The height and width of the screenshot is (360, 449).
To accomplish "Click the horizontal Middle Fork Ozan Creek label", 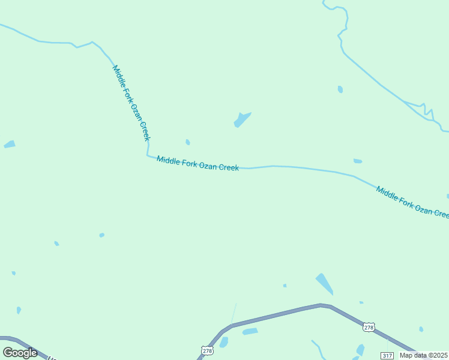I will coord(197,163).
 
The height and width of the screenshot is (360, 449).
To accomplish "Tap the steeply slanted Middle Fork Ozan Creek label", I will coord(131,103).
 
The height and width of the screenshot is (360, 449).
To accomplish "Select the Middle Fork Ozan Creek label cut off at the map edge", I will coord(412,202).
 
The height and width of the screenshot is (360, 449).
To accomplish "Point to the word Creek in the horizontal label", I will coord(229,167).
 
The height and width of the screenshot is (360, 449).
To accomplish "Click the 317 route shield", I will coord(387,356).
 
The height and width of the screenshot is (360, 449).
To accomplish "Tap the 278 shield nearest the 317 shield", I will coord(369,327).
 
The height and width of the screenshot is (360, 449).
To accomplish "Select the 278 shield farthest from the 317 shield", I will coord(207,350).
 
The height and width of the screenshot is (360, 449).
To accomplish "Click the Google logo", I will coord(20,353).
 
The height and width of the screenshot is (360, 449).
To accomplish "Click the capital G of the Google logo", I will coord(8,352).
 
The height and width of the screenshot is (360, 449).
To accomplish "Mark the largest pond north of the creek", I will coord(242,119).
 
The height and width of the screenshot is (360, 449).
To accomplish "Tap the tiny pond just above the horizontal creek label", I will coord(188,142).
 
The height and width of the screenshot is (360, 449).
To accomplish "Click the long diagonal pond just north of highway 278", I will coord(324,283).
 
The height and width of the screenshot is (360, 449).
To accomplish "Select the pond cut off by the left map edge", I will coord(9,145).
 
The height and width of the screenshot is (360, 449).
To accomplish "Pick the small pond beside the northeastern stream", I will coord(340,89).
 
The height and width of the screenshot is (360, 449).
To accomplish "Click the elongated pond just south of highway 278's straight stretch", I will coord(250,331).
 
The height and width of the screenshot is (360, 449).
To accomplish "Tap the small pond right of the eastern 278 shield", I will coord(421,329).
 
